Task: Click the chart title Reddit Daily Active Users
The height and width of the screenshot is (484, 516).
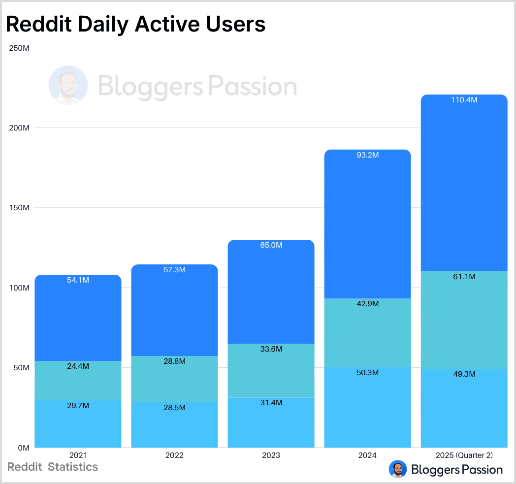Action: click(135, 24)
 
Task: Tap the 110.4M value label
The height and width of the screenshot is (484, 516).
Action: click(464, 100)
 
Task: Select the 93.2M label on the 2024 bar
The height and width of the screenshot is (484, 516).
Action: click(367, 155)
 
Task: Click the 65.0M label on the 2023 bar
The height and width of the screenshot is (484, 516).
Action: click(271, 245)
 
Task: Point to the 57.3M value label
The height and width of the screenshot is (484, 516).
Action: click(174, 270)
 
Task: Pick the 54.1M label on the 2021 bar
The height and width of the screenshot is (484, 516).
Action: click(78, 280)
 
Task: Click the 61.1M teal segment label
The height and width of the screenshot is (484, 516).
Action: click(464, 277)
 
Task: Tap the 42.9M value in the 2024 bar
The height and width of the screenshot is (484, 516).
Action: click(367, 304)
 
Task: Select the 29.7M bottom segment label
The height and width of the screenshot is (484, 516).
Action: click(78, 405)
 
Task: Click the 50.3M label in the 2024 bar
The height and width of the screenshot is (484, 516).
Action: click(367, 373)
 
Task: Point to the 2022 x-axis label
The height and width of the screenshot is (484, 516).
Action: click(174, 455)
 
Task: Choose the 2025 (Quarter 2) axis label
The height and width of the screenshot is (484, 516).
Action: click(464, 455)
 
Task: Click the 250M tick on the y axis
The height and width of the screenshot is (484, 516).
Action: click(19, 48)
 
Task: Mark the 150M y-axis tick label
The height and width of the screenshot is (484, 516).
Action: click(19, 208)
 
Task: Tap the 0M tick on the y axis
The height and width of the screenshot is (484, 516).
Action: click(23, 448)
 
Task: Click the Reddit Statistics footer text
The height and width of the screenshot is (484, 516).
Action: click(53, 467)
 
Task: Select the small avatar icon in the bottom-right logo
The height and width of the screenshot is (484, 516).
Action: click(397, 469)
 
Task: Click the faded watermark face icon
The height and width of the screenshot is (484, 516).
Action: click(68, 86)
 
